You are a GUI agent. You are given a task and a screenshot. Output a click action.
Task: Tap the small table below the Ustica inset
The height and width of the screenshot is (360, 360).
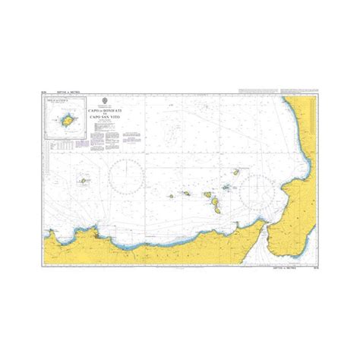(x=67, y=138)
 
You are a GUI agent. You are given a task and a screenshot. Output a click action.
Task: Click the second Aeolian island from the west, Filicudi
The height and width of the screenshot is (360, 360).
(x=185, y=193)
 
